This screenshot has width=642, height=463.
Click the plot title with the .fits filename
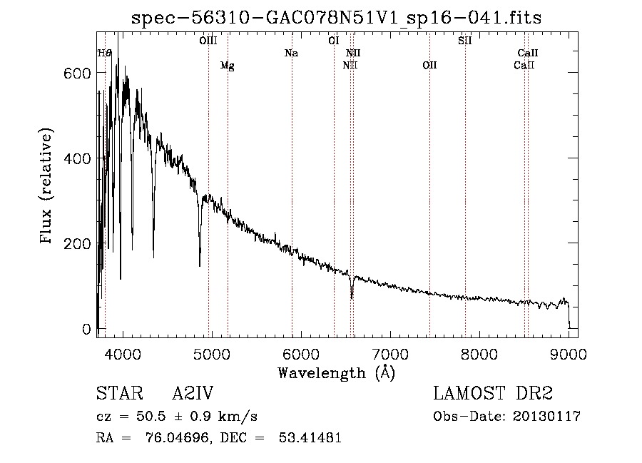coord(336,18)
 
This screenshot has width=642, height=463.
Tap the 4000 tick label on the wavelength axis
coord(123,354)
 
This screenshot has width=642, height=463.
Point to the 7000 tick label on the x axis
coord(390,354)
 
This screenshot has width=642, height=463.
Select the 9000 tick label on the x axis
coord(569,354)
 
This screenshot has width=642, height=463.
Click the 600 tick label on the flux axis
coord(77,73)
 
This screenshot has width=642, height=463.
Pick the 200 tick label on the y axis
coord(77,244)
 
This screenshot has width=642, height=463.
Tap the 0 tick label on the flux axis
coord(86,329)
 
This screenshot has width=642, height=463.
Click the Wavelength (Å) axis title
coord(336,373)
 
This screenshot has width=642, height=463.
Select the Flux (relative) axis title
coord(46,186)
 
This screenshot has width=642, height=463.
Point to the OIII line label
coord(208,41)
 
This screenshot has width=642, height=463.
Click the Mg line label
coord(228,66)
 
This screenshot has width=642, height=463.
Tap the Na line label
coord(292,54)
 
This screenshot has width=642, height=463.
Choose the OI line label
coord(334,41)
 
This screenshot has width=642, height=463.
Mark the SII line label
coord(465,41)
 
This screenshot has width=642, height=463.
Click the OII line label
coord(429,65)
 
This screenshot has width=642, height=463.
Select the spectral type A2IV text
coord(193,393)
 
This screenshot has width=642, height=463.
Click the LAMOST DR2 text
coord(493,393)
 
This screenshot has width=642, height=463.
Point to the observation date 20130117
coord(546,417)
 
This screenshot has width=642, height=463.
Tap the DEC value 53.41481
coord(310,437)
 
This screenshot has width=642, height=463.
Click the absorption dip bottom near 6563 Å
coord(352,297)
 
